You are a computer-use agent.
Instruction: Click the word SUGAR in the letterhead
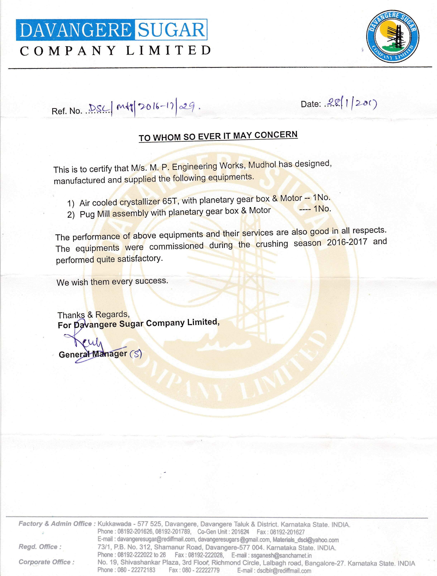point(171,30)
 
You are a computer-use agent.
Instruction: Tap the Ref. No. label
point(67,111)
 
